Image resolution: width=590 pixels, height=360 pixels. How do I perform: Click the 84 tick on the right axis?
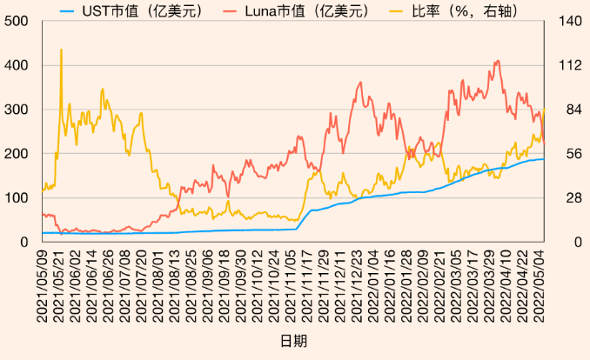tap(560, 110)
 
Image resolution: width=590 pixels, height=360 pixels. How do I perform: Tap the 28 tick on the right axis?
tap(560, 197)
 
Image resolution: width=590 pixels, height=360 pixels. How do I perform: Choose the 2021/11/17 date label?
tap(306, 282)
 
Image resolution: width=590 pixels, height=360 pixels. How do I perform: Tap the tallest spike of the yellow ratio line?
tap(61, 50)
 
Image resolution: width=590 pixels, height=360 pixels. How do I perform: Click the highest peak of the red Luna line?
tap(497, 61)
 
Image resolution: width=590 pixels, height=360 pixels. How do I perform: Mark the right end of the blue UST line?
tap(544, 159)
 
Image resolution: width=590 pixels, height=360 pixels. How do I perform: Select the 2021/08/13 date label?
tap(174, 282)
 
